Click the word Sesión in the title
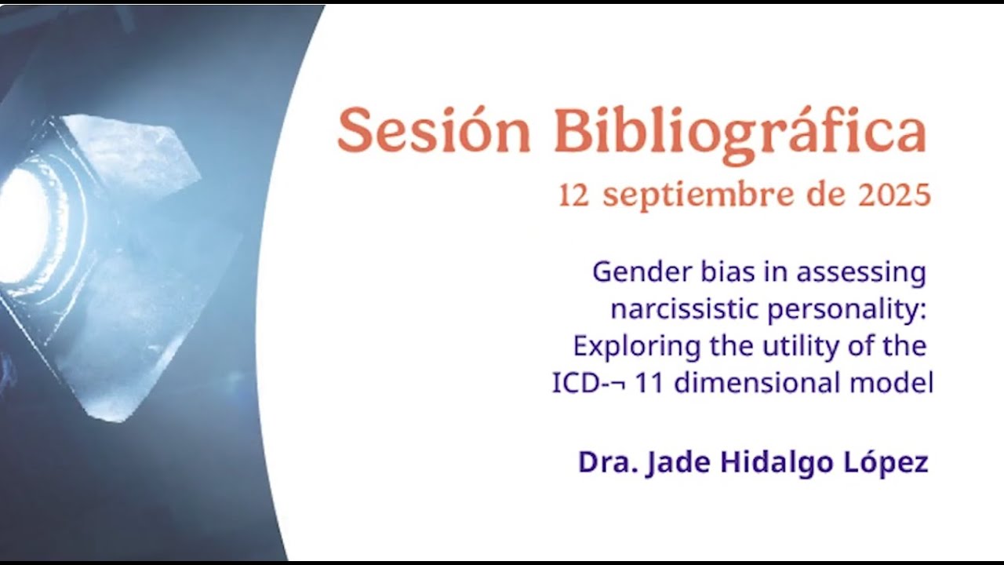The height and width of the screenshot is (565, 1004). (434, 130)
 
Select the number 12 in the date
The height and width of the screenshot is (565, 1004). (573, 195)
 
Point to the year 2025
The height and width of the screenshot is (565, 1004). (894, 195)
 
